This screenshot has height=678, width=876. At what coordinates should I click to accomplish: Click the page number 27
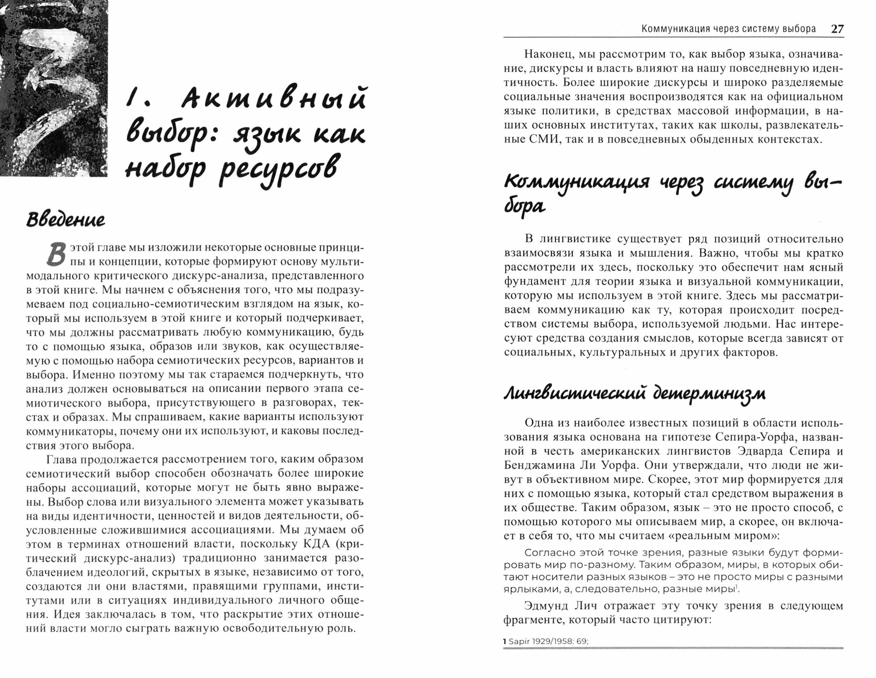tap(837, 29)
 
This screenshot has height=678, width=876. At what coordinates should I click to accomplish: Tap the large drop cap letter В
tap(57, 254)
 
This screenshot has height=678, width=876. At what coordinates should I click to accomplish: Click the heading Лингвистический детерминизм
tap(634, 394)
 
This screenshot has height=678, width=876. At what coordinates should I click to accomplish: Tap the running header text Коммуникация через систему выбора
tap(728, 29)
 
